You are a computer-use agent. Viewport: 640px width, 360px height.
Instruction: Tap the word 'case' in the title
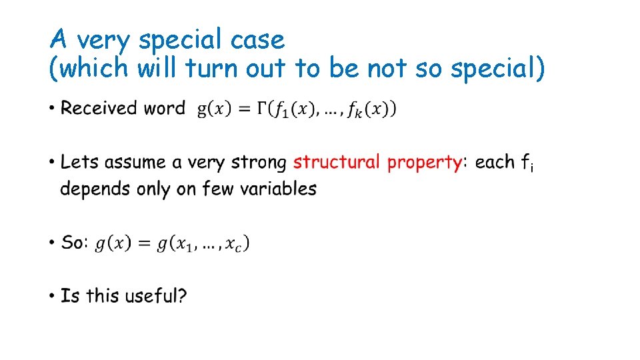coord(257,41)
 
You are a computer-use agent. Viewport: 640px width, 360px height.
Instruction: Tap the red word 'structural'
coord(336,162)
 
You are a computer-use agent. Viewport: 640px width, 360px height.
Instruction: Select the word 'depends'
coord(95,189)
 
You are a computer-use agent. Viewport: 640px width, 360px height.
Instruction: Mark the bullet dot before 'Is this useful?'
coord(52,296)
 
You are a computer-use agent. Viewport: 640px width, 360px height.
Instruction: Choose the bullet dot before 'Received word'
coord(52,109)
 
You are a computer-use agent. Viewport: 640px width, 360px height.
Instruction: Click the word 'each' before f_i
coord(495,162)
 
